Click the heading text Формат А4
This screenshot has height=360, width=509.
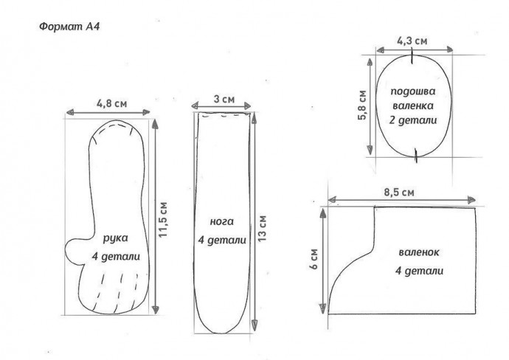pyautogui.click(x=69, y=27)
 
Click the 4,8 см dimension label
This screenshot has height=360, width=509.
pyautogui.click(x=111, y=103)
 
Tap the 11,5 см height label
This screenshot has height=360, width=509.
pyautogui.click(x=163, y=219)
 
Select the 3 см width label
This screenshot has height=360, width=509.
pyautogui.click(x=224, y=99)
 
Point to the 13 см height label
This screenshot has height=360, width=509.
pyautogui.click(x=262, y=228)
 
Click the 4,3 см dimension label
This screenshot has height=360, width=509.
pyautogui.click(x=412, y=41)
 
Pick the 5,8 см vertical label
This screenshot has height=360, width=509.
pyautogui.click(x=362, y=105)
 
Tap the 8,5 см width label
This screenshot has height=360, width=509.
pyautogui.click(x=399, y=193)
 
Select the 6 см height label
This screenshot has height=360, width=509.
pyautogui.click(x=314, y=259)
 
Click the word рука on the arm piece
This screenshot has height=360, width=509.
pyautogui.click(x=116, y=238)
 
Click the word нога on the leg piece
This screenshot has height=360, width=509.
pyautogui.click(x=222, y=222)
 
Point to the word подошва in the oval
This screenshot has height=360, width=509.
pyautogui.click(x=412, y=91)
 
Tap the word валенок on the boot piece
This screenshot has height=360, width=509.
pyautogui.click(x=419, y=252)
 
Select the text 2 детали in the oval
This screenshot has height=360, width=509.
pyautogui.click(x=413, y=120)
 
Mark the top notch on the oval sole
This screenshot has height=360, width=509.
pyautogui.click(x=412, y=56)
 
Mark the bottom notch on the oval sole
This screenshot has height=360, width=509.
pyautogui.click(x=416, y=155)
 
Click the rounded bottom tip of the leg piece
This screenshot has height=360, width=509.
pyautogui.click(x=223, y=332)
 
